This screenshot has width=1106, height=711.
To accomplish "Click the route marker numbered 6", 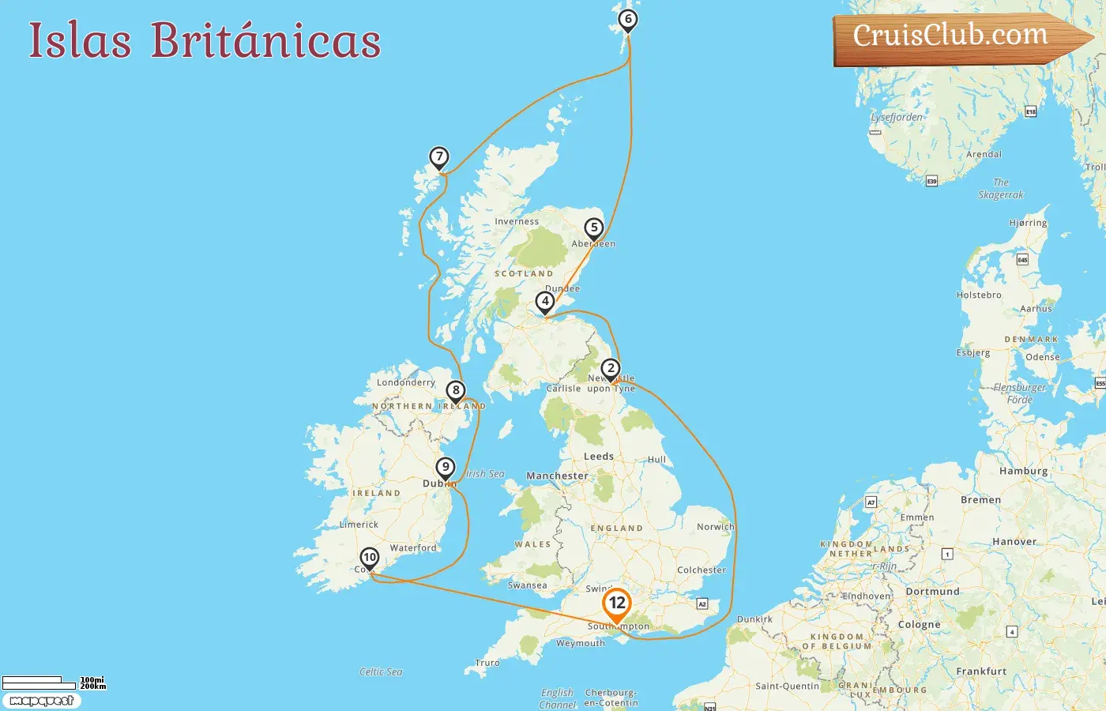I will click(x=628, y=20).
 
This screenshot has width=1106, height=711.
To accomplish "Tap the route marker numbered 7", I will click(x=439, y=157).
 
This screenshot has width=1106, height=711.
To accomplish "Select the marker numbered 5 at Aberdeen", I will click(x=594, y=228).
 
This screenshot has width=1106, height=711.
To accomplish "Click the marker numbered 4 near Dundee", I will click(x=544, y=301).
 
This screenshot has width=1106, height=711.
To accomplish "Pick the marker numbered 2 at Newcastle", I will click(x=610, y=369).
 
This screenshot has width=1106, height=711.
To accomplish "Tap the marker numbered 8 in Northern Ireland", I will click(x=455, y=390).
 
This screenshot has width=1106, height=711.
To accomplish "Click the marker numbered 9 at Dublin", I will click(x=446, y=468).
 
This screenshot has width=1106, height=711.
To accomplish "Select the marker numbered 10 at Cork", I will click(x=370, y=558).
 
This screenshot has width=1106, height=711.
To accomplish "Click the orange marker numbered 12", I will click(x=617, y=604).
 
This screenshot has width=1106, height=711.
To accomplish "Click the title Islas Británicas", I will click(x=205, y=40).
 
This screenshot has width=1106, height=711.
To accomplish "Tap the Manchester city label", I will click(x=557, y=476).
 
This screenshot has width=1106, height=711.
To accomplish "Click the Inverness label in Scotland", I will click(x=517, y=222).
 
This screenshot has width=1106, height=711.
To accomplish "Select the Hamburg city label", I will click(x=1023, y=471).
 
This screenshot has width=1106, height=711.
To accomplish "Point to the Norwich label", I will click(x=715, y=527).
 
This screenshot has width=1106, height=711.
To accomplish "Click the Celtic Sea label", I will click(x=381, y=672).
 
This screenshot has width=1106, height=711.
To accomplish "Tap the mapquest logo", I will click(x=42, y=701).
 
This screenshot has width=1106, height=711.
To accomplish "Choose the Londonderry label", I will click(x=406, y=382).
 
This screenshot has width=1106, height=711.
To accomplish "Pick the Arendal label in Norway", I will click(x=984, y=155).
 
